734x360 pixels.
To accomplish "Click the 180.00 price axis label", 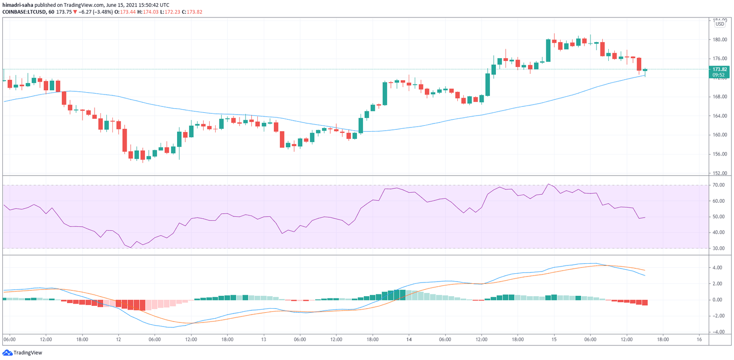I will (x=719, y=39).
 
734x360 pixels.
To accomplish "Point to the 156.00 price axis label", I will (x=719, y=154).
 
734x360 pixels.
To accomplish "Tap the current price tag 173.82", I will (x=719, y=69).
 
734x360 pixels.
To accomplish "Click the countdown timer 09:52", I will (x=719, y=75).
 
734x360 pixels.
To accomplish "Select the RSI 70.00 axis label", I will (x=718, y=185).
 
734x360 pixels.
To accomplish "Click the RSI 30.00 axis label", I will (x=718, y=248).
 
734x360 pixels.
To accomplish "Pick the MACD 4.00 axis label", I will (x=717, y=267).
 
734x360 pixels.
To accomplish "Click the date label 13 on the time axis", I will (x=263, y=339).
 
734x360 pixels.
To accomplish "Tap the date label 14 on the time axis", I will (x=409, y=339).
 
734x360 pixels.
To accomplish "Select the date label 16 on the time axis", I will (x=699, y=339).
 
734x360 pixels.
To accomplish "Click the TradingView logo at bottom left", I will (x=22, y=353).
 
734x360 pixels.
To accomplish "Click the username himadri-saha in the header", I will (x=18, y=5).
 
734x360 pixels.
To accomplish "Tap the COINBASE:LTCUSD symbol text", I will (x=24, y=12).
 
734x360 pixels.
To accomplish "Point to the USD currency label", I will (x=720, y=24).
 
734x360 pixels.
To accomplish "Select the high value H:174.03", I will (x=148, y=12).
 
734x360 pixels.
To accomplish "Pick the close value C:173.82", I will (x=192, y=12).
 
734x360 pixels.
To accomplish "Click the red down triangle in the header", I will (x=75, y=12).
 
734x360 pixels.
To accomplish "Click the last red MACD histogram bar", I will (x=645, y=302).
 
